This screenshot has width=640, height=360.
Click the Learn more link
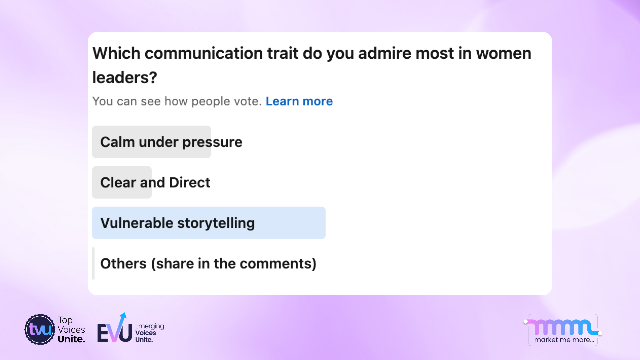click(x=299, y=101)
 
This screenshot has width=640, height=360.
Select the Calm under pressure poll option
click(x=171, y=142)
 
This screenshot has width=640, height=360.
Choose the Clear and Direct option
click(x=155, y=183)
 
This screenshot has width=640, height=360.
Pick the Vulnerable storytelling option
click(x=177, y=223)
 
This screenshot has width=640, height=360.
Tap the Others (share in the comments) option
click(x=208, y=264)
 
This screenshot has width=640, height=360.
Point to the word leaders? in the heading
click(x=125, y=78)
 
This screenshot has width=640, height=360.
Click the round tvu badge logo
click(x=40, y=330)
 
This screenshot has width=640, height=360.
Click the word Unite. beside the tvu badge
click(x=71, y=339)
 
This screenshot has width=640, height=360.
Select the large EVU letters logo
click(x=114, y=332)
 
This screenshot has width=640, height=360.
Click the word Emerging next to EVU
click(x=149, y=326)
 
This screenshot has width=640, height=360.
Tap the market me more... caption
click(x=564, y=340)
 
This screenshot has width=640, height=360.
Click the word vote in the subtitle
click(x=247, y=101)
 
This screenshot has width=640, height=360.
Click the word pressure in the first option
click(x=212, y=142)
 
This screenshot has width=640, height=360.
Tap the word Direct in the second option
click(x=190, y=183)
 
